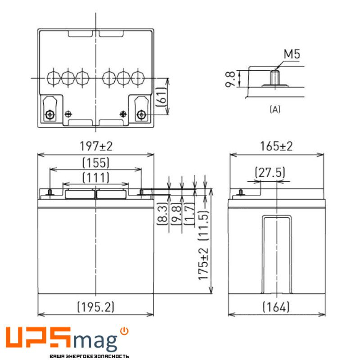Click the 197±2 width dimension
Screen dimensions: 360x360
click(96, 146)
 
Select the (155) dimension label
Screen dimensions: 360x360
click(96, 163)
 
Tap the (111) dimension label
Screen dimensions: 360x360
click(96, 178)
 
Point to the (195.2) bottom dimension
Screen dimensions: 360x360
click(95, 307)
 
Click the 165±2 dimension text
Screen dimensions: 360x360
click(276, 146)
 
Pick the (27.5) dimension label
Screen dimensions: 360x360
click(270, 173)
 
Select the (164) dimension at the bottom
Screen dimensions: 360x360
click(276, 307)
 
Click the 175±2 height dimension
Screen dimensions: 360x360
click(203, 264)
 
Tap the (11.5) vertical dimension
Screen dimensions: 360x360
click(203, 225)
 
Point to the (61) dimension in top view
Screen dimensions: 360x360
click(161, 97)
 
